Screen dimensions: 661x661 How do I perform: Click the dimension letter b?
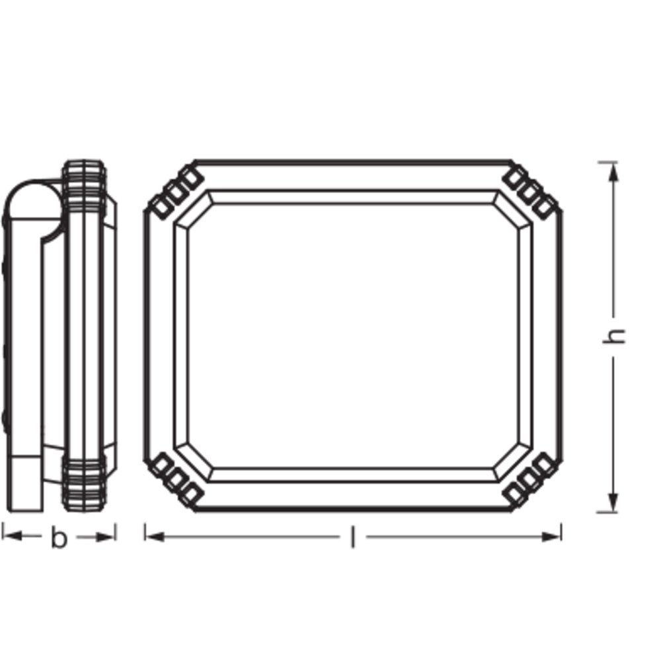pyautogui.click(x=59, y=537)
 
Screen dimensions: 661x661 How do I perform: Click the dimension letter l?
pyautogui.click(x=353, y=537)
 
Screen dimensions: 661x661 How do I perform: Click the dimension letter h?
pyautogui.click(x=614, y=336)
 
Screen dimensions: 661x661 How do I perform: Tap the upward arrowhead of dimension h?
pyautogui.click(x=614, y=172)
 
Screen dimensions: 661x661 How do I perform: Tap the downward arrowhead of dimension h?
pyautogui.click(x=614, y=502)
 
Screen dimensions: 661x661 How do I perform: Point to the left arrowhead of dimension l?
pyautogui.click(x=155, y=537)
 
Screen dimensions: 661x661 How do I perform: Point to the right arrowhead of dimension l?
pyautogui.click(x=551, y=537)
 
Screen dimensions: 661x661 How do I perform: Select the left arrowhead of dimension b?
pyautogui.click(x=12, y=536)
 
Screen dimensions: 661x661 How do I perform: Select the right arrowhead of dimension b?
pyautogui.click(x=105, y=537)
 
